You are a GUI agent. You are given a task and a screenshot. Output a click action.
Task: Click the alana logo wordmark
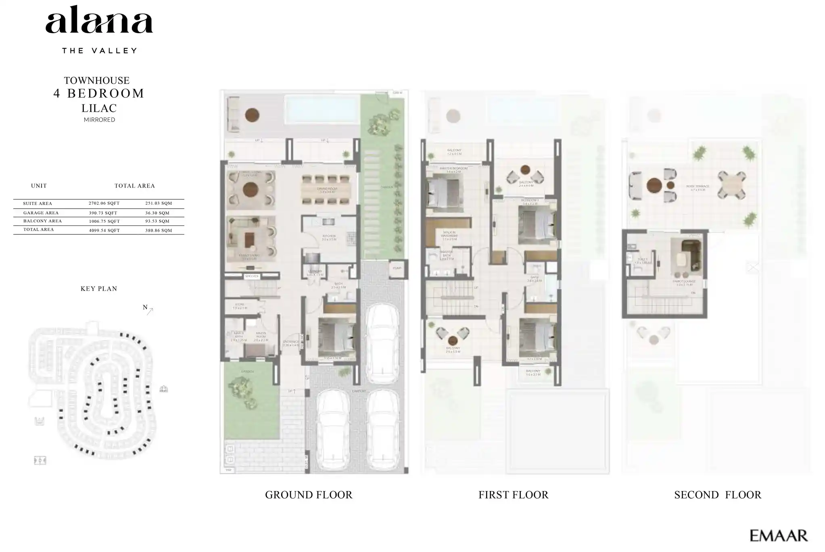tap(99, 20)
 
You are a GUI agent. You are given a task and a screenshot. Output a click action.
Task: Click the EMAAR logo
tap(778, 535)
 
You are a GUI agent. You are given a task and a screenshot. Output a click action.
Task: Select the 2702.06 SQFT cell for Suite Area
tap(104, 203)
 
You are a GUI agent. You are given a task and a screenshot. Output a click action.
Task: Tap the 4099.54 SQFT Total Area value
tap(104, 230)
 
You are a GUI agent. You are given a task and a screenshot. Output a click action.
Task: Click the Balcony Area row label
tap(42, 221)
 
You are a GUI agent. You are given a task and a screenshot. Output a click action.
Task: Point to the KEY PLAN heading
tap(99, 289)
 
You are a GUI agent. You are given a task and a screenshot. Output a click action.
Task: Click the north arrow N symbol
tap(148, 309)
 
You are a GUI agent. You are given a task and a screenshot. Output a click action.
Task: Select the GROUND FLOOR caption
tap(309, 495)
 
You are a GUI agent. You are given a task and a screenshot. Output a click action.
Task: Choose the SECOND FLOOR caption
tap(718, 495)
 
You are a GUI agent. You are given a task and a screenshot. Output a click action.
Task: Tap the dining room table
tap(328, 190)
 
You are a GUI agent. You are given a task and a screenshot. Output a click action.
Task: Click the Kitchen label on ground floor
tap(329, 236)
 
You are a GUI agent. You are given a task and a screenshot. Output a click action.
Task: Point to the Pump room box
tap(397, 268)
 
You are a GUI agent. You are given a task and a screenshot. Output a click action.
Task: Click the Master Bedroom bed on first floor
tap(443, 192)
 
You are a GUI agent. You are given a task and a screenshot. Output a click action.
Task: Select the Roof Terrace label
tap(698, 187)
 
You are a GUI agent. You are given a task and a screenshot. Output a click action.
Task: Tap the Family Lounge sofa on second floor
tap(691, 254)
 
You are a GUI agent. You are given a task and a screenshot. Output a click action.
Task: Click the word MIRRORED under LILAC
tap(99, 119)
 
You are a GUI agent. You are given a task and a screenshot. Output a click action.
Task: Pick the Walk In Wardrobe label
tap(449, 234)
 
